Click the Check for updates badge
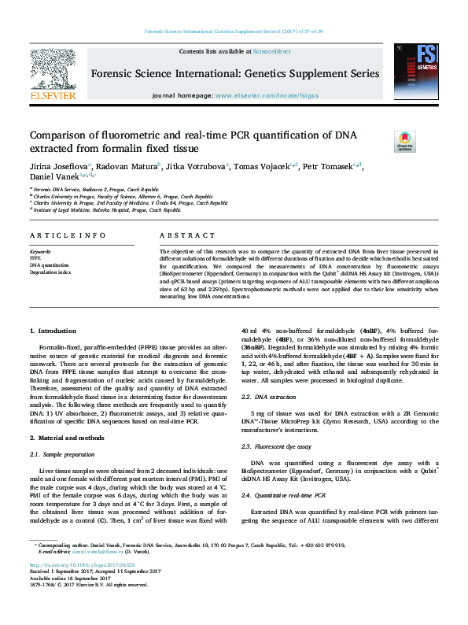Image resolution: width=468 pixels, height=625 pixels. point(404,141)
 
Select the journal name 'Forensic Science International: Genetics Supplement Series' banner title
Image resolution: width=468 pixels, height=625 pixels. point(234,74)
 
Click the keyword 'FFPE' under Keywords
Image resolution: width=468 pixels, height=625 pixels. point(35,257)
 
